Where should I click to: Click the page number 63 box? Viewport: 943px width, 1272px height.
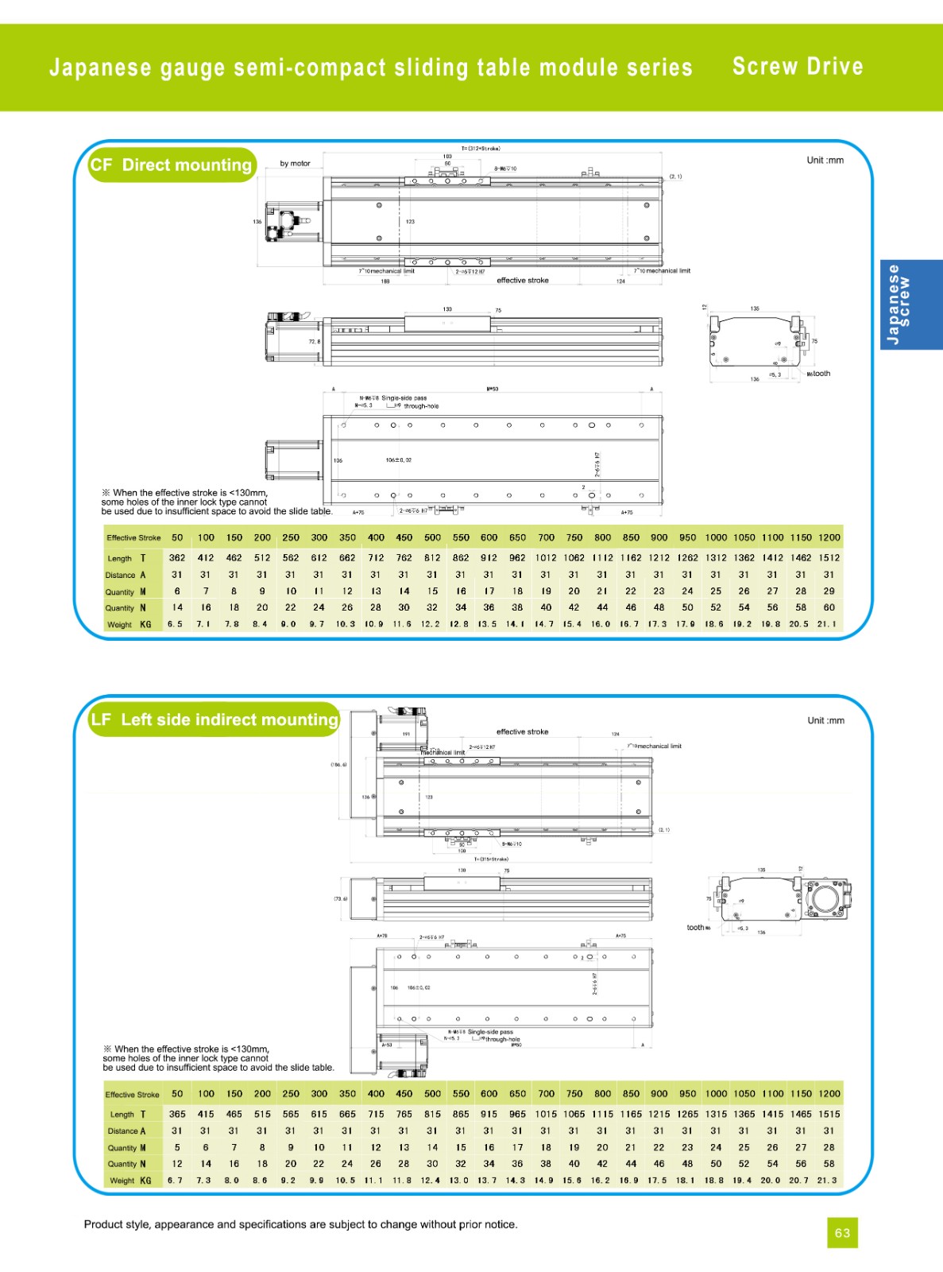pyautogui.click(x=842, y=1232)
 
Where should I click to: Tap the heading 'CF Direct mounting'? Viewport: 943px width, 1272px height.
pyautogui.click(x=172, y=165)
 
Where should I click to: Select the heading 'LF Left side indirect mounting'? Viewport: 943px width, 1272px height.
pyautogui.click(x=214, y=719)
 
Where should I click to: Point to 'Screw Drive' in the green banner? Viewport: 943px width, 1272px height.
pyautogui.click(x=798, y=67)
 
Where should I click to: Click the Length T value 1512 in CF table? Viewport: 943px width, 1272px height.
pyautogui.click(x=829, y=558)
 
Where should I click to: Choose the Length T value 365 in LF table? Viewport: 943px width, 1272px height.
pyautogui.click(x=177, y=1115)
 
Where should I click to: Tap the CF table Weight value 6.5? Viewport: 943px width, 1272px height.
pyautogui.click(x=175, y=624)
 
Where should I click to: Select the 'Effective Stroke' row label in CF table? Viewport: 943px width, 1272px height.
pyautogui.click(x=133, y=538)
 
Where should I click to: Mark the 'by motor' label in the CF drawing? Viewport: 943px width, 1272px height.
pyautogui.click(x=295, y=164)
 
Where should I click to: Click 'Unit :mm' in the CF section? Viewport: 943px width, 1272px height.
pyautogui.click(x=825, y=161)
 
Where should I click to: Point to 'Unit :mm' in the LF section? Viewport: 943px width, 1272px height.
pyautogui.click(x=825, y=721)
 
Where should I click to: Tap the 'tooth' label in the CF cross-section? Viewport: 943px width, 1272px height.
pyautogui.click(x=821, y=374)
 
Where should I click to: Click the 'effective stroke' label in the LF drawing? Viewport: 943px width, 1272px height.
pyautogui.click(x=522, y=731)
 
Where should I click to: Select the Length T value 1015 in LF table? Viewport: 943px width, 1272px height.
pyautogui.click(x=546, y=1115)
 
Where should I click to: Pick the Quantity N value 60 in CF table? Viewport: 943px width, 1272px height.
pyautogui.click(x=829, y=607)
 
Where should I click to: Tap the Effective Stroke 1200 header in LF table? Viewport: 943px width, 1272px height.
pyautogui.click(x=829, y=1094)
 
